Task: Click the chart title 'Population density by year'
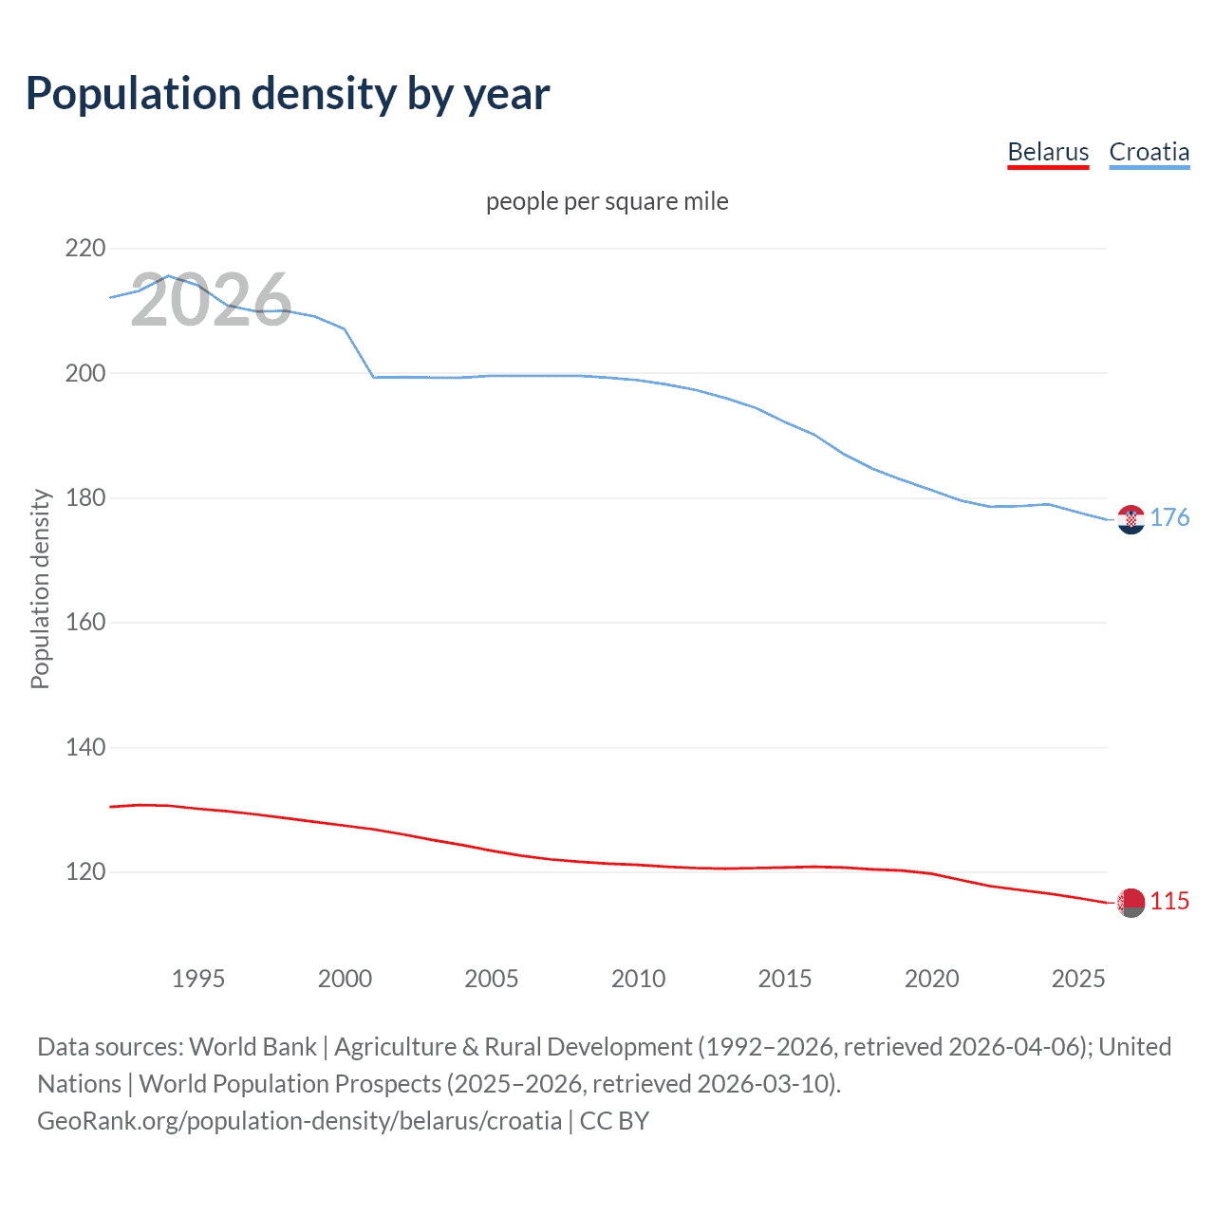(288, 94)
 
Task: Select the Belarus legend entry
(1048, 152)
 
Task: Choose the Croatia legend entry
(1149, 152)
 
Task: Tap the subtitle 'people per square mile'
(607, 201)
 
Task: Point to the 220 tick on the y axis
(85, 249)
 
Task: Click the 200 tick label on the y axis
(85, 373)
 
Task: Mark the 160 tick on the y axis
(85, 623)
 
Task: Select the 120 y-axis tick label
(85, 872)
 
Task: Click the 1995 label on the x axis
(198, 979)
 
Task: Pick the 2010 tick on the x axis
(638, 979)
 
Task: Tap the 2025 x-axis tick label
(1078, 979)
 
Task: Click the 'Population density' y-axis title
(40, 589)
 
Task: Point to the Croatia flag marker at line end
(1131, 519)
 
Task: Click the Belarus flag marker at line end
(1131, 903)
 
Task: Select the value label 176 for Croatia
(1169, 517)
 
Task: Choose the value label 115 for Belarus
(1169, 901)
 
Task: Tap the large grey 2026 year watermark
(211, 300)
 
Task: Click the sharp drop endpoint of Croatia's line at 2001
(374, 377)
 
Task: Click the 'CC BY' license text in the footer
(614, 1121)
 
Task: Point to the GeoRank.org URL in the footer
(299, 1121)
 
